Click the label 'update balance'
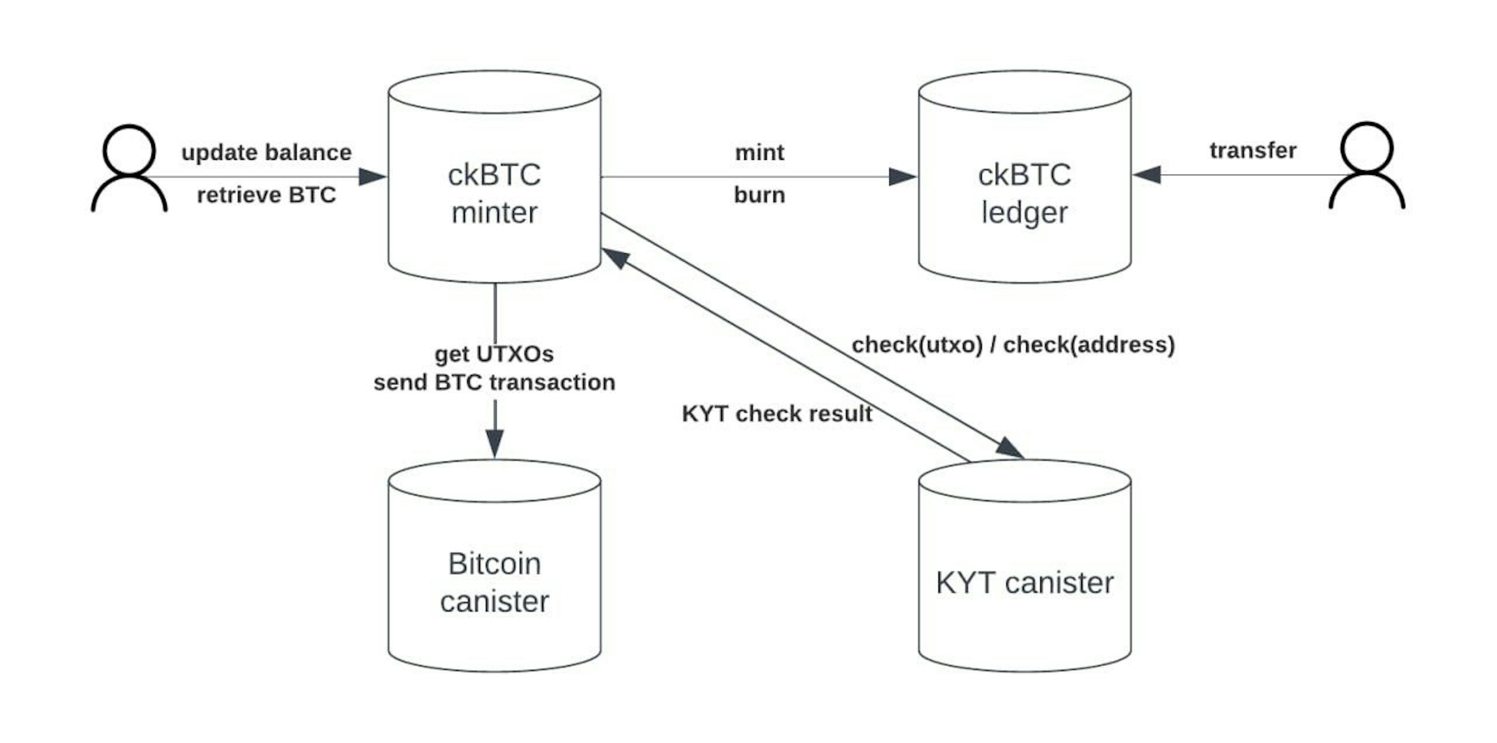tap(266, 153)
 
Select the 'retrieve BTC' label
tap(266, 195)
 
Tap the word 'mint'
tap(759, 153)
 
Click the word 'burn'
tap(759, 195)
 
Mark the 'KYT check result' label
tap(777, 413)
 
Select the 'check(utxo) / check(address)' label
tap(1013, 345)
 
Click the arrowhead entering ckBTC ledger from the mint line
tap(902, 177)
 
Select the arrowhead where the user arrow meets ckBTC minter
tap(372, 177)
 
